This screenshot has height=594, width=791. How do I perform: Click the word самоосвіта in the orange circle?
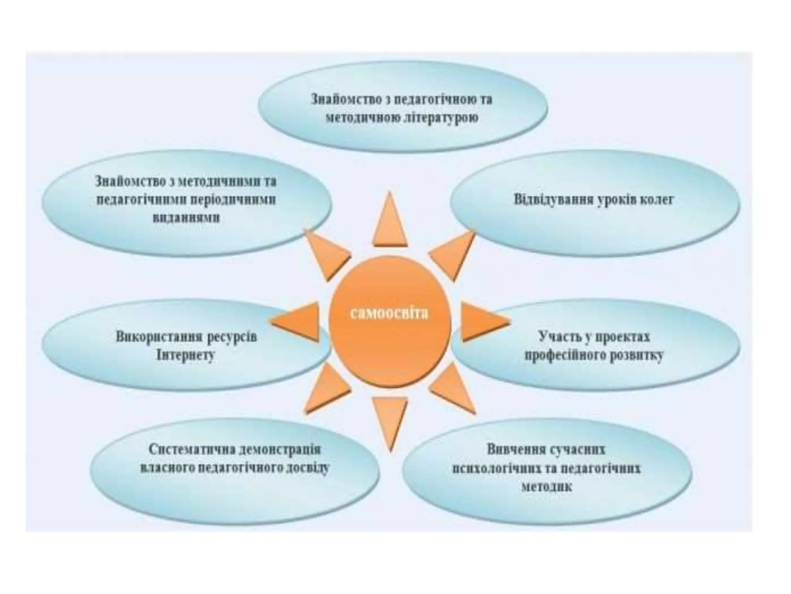pyautogui.click(x=389, y=313)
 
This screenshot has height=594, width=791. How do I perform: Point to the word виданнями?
pyautogui.click(x=187, y=217)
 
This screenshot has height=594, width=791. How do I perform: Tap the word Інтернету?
pyautogui.click(x=185, y=355)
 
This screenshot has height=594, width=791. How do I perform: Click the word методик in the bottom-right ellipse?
pyautogui.click(x=547, y=486)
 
